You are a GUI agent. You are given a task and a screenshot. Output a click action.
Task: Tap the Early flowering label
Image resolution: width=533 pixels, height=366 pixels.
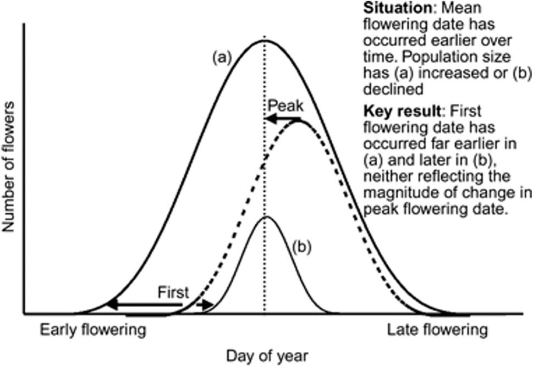[x=92, y=330]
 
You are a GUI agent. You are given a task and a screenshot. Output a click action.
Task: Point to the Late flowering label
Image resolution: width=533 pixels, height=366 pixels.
[x=437, y=330]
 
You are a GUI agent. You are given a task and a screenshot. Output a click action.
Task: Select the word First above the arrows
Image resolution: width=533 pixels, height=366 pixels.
[x=173, y=292]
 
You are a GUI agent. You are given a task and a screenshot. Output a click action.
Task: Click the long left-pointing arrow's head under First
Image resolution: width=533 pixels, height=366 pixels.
[x=111, y=304]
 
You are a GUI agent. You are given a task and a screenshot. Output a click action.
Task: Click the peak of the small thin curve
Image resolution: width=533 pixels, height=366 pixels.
[x=266, y=217]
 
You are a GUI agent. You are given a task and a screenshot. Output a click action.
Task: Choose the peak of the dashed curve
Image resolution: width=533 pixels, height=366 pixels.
[x=299, y=121]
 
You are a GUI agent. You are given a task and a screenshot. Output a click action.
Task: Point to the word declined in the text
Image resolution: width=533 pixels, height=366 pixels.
[x=385, y=88]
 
